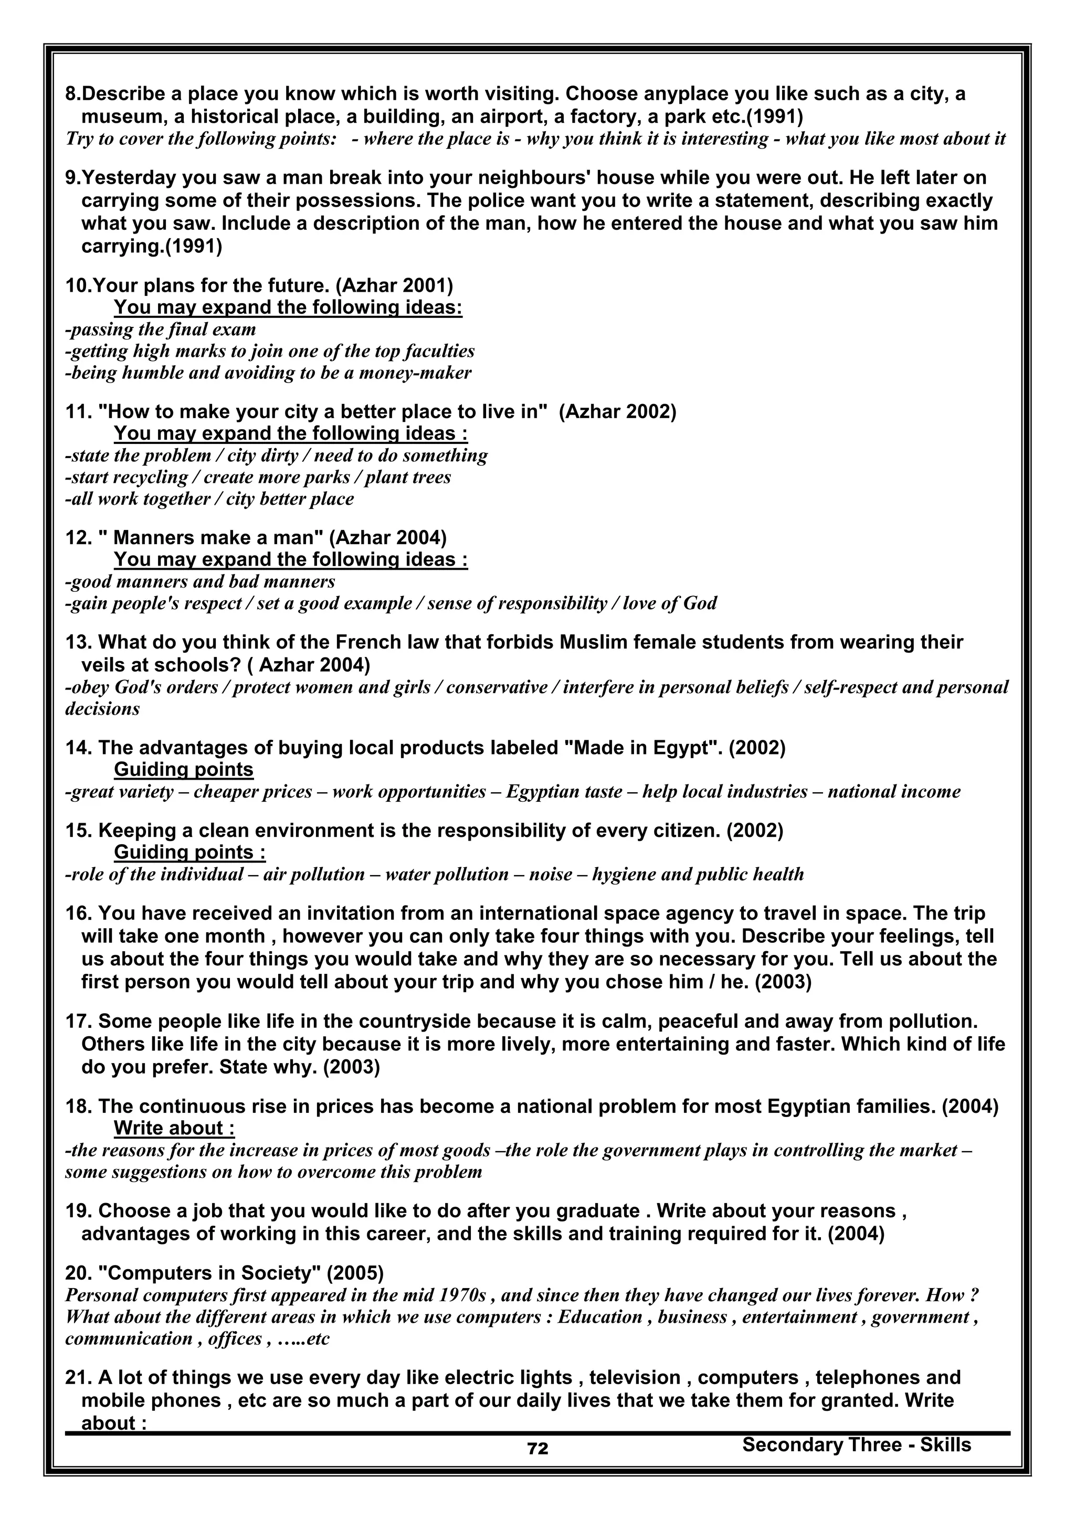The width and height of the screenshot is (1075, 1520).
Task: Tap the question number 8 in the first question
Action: point(70,94)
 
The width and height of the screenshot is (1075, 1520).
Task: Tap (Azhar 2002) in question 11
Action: point(617,412)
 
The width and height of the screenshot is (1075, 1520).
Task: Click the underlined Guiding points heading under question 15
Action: point(189,852)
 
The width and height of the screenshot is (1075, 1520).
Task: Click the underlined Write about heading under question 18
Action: point(174,1128)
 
